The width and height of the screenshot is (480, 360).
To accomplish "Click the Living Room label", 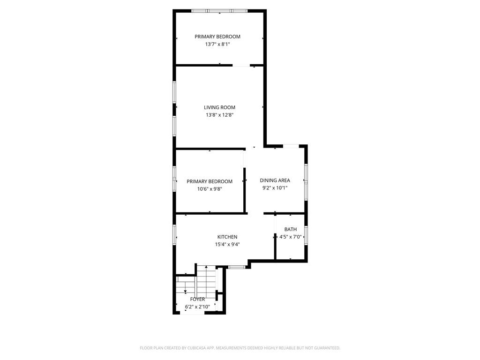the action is (219, 107).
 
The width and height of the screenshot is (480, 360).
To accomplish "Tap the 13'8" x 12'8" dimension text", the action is (219, 115).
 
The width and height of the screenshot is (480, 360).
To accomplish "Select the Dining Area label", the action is (275, 180).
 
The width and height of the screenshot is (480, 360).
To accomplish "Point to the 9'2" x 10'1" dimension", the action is (275, 188).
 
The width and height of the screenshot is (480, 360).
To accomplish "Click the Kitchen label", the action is (227, 237).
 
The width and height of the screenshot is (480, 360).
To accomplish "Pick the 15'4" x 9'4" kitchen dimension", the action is (227, 244).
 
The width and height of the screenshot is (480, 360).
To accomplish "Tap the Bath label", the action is (291, 229).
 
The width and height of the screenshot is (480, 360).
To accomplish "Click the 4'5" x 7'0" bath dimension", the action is (291, 237).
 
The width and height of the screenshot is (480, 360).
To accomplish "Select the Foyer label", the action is (197, 299).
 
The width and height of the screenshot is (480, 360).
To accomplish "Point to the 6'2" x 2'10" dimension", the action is (197, 307).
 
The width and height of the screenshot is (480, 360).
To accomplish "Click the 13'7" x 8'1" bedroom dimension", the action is (217, 44).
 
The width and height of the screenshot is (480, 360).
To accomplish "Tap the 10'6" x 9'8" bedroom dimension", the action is (210, 189).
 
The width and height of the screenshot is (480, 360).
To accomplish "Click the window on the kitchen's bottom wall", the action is (237, 267).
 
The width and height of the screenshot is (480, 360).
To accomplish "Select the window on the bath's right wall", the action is (306, 235).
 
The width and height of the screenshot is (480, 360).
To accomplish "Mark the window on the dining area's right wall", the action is (306, 182).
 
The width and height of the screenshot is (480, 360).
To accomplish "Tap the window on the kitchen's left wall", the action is (174, 235).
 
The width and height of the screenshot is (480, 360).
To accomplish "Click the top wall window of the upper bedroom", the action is (219, 11).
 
